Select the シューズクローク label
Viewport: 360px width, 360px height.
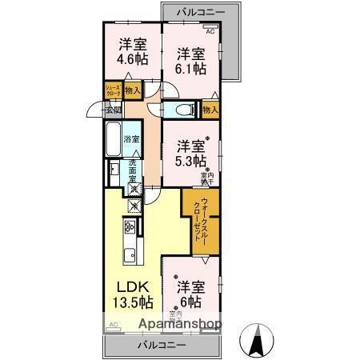click(x=112, y=90)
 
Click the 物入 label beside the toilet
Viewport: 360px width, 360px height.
click(x=210, y=110)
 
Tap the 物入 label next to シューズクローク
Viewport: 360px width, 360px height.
click(x=132, y=90)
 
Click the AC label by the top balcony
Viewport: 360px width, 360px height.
click(x=210, y=31)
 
